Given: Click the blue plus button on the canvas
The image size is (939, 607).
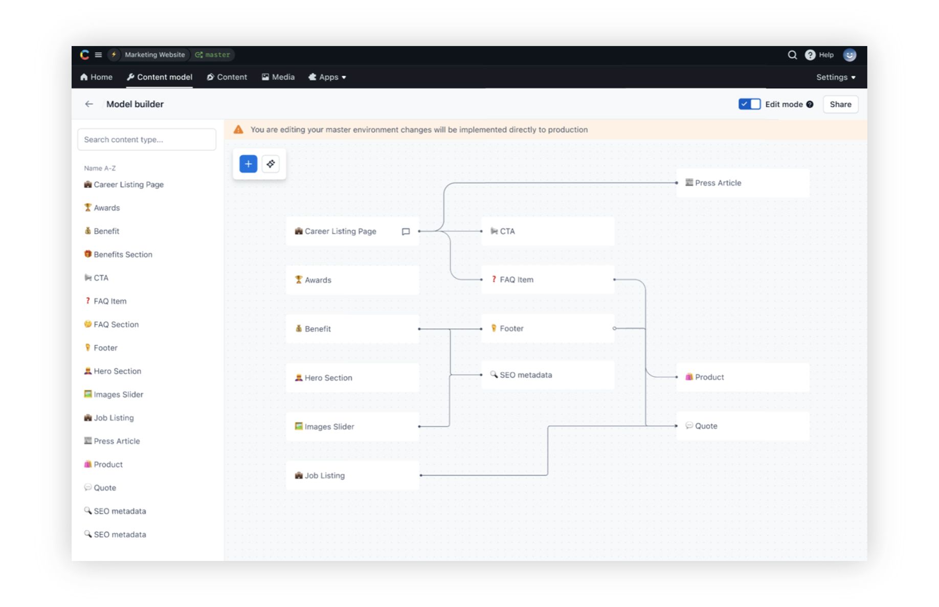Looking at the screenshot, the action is [248, 164].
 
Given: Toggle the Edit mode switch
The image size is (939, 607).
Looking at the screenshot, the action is [749, 104].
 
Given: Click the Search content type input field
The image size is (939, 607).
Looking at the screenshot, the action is [147, 140].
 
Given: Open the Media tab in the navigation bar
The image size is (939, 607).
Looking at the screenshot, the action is [278, 77].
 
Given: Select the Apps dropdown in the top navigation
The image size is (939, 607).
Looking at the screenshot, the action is [327, 77].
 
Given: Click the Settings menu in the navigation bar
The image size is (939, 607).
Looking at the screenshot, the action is [836, 77].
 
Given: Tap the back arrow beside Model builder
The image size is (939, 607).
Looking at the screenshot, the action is [89, 104].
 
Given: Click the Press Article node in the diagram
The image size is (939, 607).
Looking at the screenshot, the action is [743, 183].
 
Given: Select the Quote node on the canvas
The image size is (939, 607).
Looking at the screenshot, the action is [743, 426].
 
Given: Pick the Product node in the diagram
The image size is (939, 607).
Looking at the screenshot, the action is [743, 377].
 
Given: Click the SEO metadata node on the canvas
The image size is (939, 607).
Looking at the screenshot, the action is [548, 375].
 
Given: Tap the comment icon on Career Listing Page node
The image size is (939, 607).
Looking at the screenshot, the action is [406, 232].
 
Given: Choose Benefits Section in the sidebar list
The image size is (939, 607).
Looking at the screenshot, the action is [118, 255].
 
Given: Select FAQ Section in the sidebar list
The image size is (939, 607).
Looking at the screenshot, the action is [111, 325].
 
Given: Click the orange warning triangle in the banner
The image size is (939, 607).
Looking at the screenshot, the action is [238, 130].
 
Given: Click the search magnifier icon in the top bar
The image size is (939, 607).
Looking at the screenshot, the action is [792, 55].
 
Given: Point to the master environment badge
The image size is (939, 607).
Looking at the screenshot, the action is [213, 55].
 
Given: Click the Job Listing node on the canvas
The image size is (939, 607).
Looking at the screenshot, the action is [353, 476].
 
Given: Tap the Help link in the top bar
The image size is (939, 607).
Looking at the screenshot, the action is [819, 55].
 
